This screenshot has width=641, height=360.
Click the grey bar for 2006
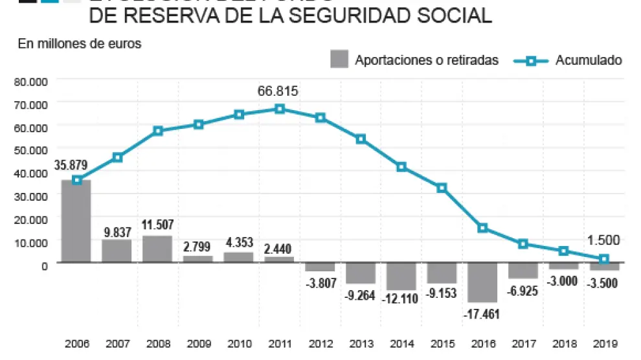(76, 221)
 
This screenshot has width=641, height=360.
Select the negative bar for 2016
(482, 282)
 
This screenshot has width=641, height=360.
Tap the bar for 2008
(157, 249)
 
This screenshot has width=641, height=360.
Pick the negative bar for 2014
(401, 276)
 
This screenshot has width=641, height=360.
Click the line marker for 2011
(280, 109)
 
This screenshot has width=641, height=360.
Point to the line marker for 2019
(604, 259)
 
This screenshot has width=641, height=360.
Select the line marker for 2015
(442, 188)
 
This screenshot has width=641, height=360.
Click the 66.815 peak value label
(278, 91)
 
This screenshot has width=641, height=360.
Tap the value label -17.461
(482, 313)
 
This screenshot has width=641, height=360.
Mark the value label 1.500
(603, 240)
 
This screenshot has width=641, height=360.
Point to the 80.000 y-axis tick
(30, 82)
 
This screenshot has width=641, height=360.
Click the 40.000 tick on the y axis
(30, 173)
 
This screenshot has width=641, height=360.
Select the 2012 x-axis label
(320, 344)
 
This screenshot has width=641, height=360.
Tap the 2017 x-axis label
(523, 344)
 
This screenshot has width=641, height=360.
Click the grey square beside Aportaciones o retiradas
(339, 59)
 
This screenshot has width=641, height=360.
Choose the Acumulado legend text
(589, 60)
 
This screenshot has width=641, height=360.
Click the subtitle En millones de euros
(80, 44)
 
